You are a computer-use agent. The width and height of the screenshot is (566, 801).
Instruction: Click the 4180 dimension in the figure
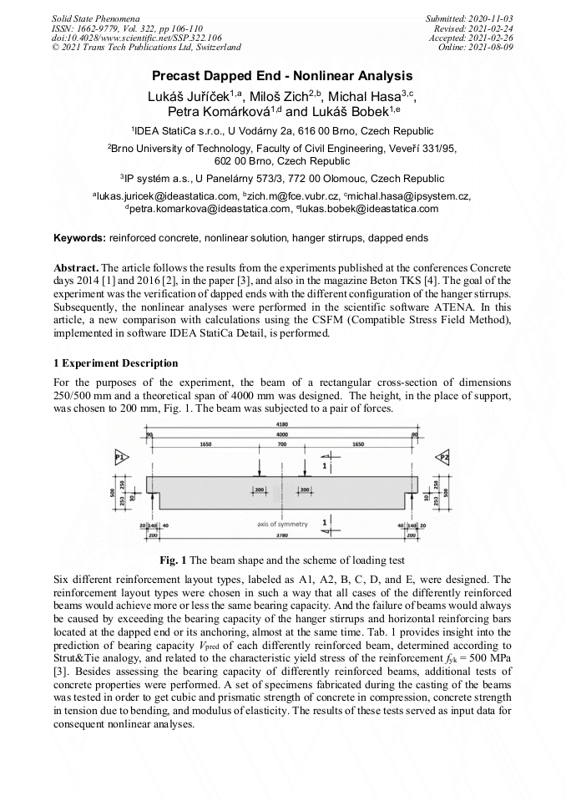282,425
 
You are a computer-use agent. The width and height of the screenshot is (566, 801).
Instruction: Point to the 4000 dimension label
282,435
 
